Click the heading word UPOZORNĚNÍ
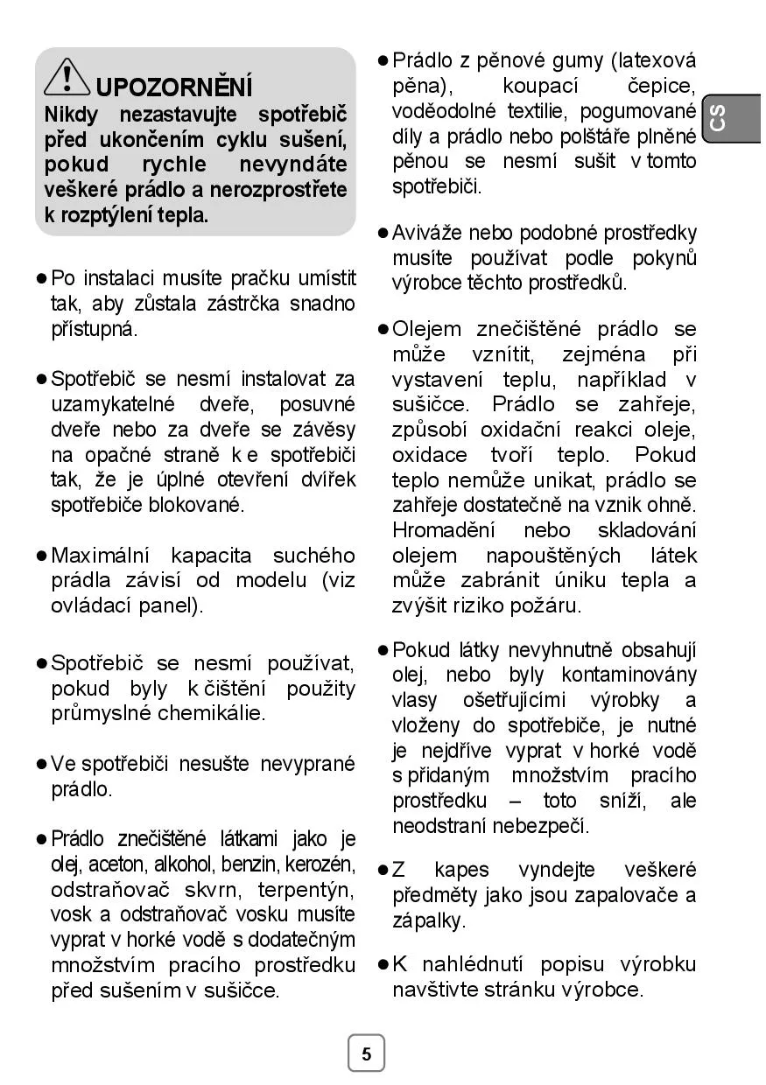[x=174, y=87]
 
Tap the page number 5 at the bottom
[x=366, y=1053]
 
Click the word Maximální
[x=102, y=556]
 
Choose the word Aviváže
[x=427, y=233]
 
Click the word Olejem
[x=426, y=329]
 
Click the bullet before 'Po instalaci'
[x=41, y=279]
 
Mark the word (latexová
[x=654, y=60]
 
